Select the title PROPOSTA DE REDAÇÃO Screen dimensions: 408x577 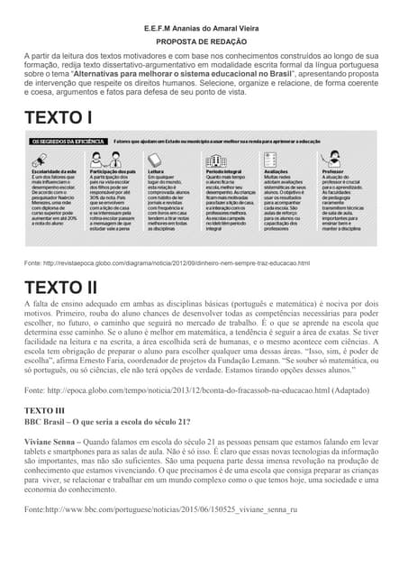tap(203, 41)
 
